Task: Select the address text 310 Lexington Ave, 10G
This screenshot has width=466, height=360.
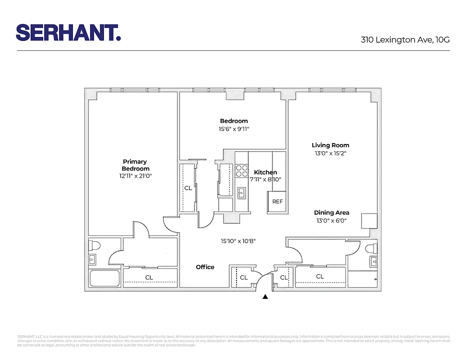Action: (x=405, y=40)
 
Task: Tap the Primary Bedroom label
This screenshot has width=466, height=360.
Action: (x=135, y=165)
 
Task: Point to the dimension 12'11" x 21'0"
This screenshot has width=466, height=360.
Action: (x=136, y=176)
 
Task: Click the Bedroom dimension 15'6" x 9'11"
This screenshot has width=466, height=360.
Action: (x=234, y=129)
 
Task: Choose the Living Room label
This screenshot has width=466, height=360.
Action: (x=330, y=145)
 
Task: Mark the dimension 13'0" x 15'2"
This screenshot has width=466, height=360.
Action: (x=330, y=153)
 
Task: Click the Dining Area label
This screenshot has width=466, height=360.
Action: (x=331, y=212)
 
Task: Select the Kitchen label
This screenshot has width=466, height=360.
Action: (x=265, y=172)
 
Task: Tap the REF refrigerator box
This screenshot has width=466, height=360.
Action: (x=277, y=202)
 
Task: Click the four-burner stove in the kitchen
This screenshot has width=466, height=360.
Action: (x=242, y=171)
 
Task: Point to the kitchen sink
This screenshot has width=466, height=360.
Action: (x=242, y=193)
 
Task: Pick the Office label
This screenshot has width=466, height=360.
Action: (x=205, y=267)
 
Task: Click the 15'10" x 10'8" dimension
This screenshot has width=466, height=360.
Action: (x=238, y=241)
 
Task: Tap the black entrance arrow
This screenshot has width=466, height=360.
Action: (x=266, y=297)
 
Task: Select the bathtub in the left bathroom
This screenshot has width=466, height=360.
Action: (x=104, y=279)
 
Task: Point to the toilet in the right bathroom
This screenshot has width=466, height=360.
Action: (x=370, y=248)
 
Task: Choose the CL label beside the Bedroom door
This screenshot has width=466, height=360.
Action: (x=188, y=188)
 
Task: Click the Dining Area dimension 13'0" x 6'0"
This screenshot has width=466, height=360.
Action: (x=331, y=220)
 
